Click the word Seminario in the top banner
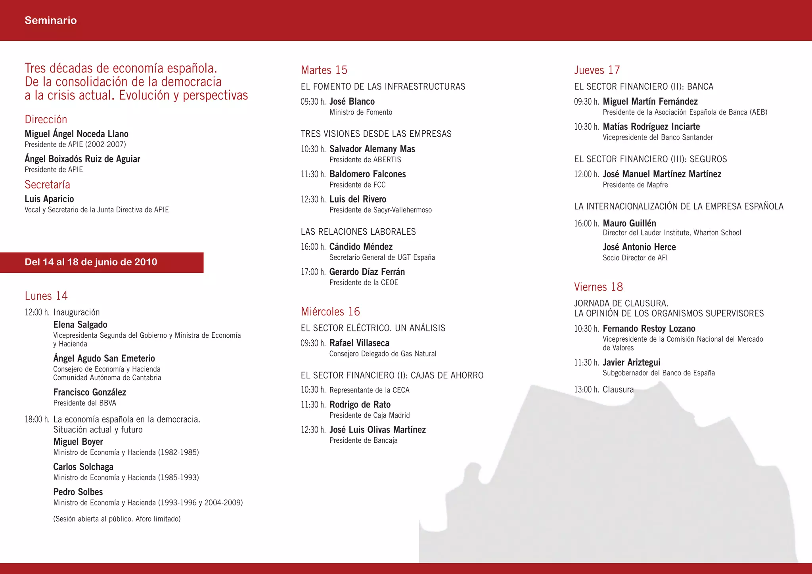50,20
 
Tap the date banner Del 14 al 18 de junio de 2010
91,262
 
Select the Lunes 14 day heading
46,296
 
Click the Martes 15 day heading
324,70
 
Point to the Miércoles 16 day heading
330,312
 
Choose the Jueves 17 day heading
597,70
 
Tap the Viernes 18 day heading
598,287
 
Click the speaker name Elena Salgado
80,325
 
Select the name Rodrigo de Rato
360,405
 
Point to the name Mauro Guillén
629,223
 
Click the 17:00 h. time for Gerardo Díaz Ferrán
313,272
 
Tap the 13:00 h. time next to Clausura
586,390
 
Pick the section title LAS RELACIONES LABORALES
358,232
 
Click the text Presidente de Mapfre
635,185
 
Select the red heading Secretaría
47,185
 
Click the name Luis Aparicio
49,199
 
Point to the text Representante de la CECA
369,390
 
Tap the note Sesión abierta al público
117,519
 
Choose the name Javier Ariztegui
631,362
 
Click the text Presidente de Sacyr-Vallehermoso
380,210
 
